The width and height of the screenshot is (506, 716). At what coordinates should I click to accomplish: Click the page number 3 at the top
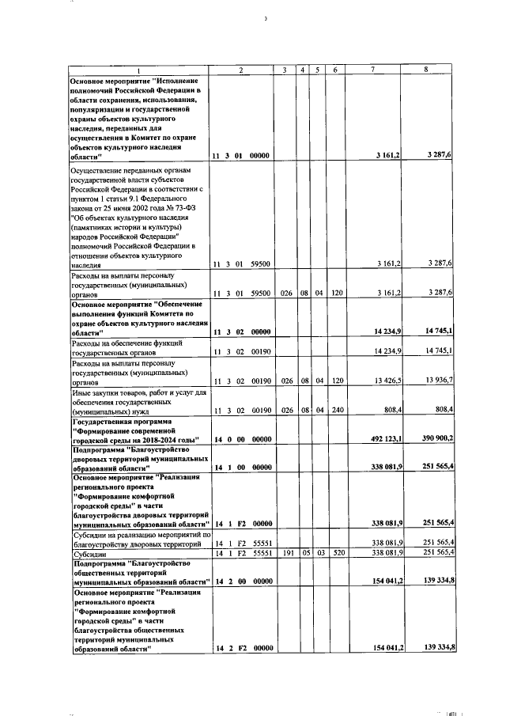click(266, 17)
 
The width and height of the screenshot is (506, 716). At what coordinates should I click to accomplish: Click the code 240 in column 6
click(336, 410)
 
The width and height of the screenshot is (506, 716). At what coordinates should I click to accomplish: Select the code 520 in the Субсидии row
click(336, 555)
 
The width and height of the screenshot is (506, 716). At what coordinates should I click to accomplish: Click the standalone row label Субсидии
click(88, 555)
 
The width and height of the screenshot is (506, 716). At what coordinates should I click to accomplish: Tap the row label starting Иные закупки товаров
click(138, 392)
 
